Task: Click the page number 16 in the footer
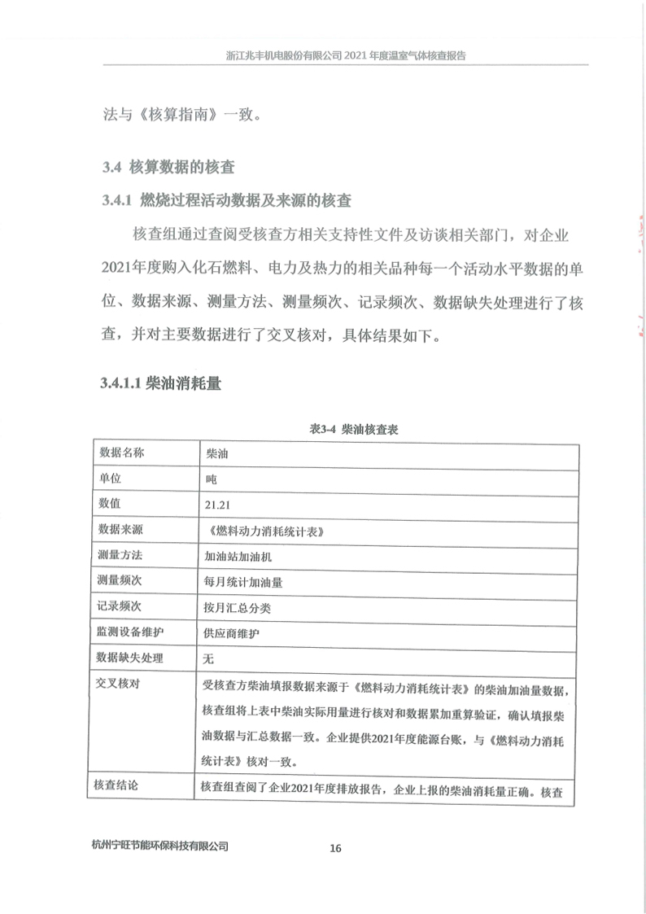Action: pyautogui.click(x=335, y=848)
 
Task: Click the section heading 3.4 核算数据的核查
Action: pyautogui.click(x=168, y=168)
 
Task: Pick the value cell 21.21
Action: pyautogui.click(x=219, y=505)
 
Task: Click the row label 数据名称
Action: pyautogui.click(x=120, y=453)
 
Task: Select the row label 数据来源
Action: pyautogui.click(x=120, y=530)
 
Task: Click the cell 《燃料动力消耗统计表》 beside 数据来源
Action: pyautogui.click(x=266, y=531)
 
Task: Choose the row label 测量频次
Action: pyautogui.click(x=120, y=581)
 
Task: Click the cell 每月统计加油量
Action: pyautogui.click(x=242, y=582)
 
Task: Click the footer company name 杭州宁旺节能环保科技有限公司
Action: pyautogui.click(x=161, y=846)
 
